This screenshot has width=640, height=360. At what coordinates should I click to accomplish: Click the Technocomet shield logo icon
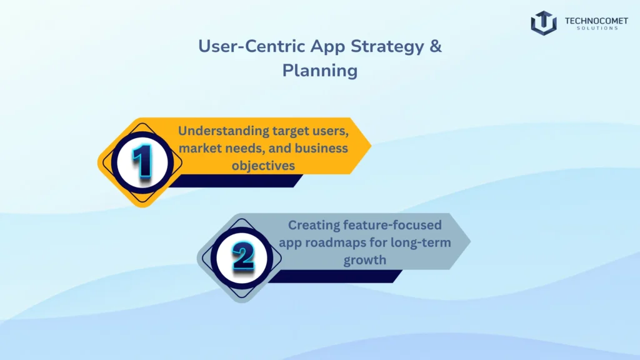point(543,23)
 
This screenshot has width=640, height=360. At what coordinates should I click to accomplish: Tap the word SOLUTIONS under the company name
point(591,29)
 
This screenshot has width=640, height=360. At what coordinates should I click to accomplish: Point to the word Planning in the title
point(319,70)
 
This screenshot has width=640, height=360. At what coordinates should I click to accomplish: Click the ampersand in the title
point(435,47)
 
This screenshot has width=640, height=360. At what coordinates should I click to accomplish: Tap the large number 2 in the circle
point(242,257)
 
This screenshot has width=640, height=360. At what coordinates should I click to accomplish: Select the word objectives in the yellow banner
point(262,166)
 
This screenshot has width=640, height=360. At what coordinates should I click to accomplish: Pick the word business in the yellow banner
point(322,149)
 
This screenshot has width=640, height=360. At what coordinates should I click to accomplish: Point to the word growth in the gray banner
point(364,259)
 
